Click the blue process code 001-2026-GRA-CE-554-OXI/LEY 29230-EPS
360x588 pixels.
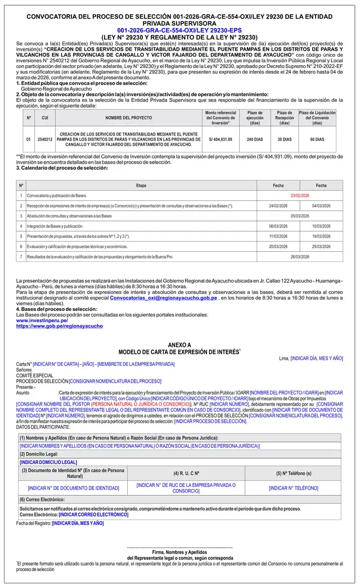pos(179,30)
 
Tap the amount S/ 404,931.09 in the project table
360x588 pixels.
pos(220,139)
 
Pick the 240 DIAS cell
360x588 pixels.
pos(255,139)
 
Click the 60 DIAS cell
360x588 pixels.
pos(317,139)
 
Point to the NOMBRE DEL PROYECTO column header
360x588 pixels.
pos(128,117)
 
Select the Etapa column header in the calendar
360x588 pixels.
pos(141,185)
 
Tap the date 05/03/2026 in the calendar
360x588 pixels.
pos(300,216)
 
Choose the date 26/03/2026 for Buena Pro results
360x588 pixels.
pos(300,256)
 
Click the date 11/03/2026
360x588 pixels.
pos(278,236)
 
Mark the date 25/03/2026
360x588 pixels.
pos(321,246)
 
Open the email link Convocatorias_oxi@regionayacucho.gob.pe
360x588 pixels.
pos(163,298)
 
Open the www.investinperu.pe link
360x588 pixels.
pos(42,320)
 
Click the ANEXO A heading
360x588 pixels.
pos(179,345)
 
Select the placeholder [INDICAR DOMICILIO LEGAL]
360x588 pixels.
pos(48,462)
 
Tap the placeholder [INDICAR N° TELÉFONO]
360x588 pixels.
pos(293,488)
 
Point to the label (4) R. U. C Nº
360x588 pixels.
pos(186,473)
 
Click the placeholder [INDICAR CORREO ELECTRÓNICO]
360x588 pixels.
pos(93,514)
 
